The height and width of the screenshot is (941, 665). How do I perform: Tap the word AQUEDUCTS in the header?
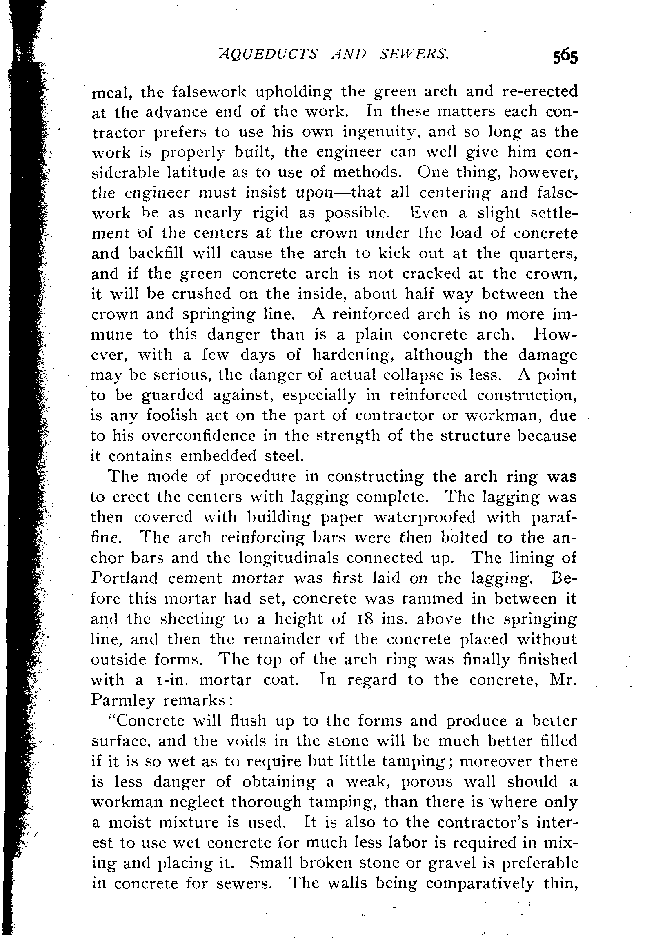click(269, 54)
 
